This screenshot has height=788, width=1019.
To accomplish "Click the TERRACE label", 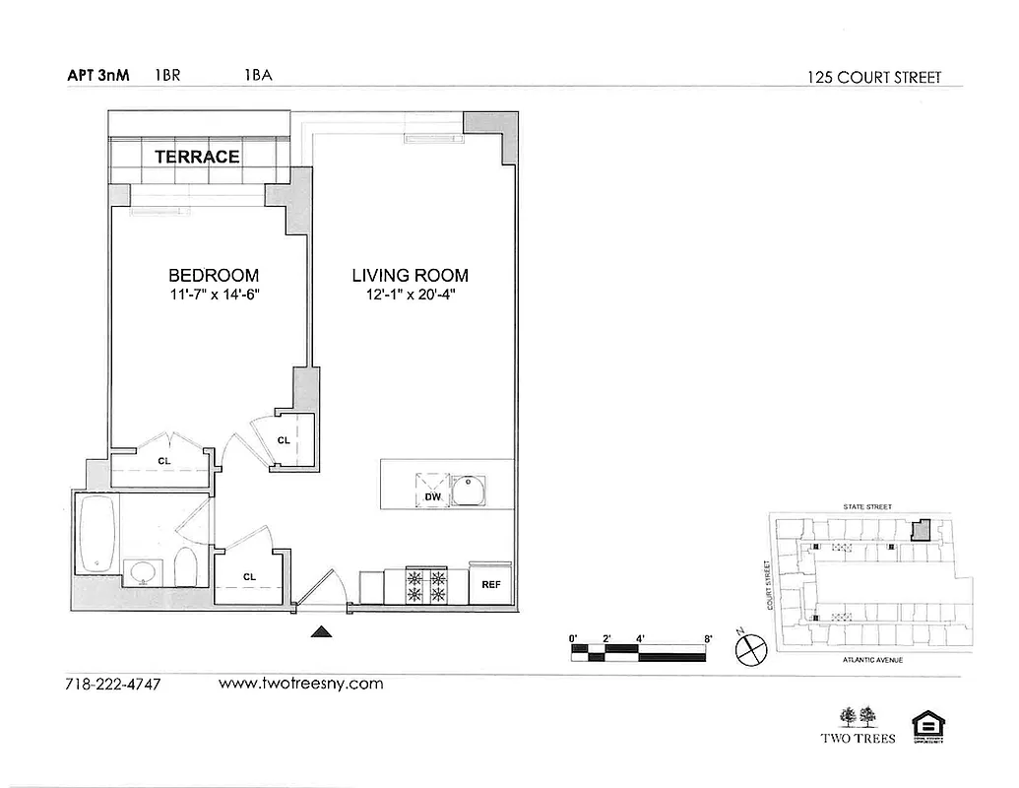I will [197, 156].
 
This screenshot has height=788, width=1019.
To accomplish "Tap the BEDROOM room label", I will [214, 275].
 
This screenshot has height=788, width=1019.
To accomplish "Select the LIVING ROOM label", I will [410, 275].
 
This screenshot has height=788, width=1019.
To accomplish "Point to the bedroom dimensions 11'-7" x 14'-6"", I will [214, 294].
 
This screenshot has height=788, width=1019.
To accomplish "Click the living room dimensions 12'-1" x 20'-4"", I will [410, 294].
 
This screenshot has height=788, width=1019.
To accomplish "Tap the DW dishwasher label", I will [432, 497].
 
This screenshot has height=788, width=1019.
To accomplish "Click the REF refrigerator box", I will [491, 583].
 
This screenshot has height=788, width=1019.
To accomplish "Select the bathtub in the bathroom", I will [96, 533].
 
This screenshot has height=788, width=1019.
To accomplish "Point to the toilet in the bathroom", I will [186, 568].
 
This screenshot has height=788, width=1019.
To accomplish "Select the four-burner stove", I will [426, 585].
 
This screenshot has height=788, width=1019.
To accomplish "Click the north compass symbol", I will [751, 648].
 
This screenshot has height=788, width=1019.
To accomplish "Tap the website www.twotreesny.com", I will [300, 684].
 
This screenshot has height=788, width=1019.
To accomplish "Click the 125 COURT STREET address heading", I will [874, 78].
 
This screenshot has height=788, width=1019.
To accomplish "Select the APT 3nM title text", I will [98, 75].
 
